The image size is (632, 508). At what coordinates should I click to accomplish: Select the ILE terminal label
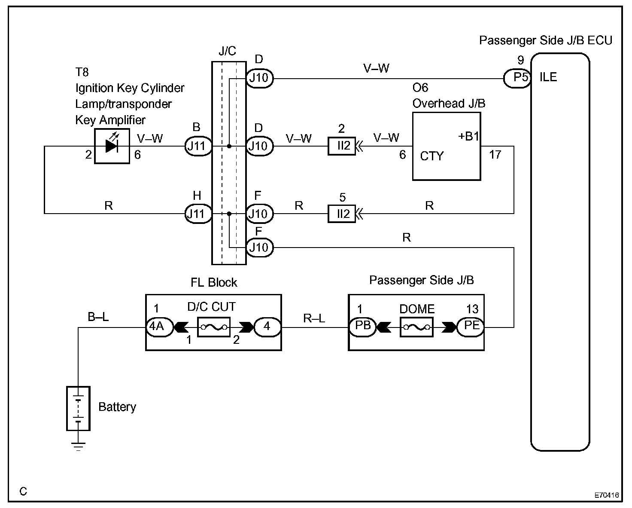coord(548,77)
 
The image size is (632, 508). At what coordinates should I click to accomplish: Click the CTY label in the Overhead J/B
coord(432,156)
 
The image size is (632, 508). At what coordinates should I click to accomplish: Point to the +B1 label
coord(468,136)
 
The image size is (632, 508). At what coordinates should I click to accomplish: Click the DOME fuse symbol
coord(416,327)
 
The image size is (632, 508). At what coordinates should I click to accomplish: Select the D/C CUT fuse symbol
coord(214,327)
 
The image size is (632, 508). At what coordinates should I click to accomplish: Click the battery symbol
coord(78,408)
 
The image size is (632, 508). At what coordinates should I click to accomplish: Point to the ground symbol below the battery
coord(78,447)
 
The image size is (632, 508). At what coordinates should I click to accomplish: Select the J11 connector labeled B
coord(198,146)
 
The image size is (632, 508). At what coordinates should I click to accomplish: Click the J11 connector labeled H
coord(198,214)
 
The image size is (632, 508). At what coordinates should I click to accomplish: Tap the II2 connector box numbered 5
coord(342,214)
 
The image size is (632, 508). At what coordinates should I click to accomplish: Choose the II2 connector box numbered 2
coord(342,146)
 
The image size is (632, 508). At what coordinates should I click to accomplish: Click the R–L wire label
coord(314,318)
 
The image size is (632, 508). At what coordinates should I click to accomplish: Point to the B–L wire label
coord(98,317)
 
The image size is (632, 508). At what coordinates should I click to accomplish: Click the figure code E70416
coord(607,495)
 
